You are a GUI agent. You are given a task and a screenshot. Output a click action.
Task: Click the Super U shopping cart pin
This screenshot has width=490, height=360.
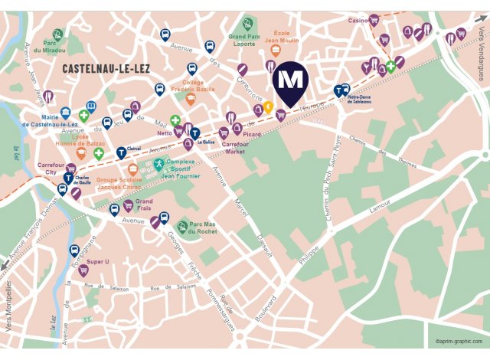[84, 270]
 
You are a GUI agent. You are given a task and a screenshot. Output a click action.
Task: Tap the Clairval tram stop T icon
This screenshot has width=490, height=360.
[121, 152]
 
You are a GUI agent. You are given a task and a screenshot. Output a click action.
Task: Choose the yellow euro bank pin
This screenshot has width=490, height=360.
[269, 106]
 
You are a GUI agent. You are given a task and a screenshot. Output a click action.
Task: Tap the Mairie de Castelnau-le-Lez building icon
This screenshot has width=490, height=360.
[66, 113]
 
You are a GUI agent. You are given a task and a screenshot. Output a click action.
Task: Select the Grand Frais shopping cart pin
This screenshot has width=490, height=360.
[128, 205]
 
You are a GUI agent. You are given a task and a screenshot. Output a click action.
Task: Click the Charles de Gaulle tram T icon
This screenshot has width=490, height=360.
[69, 178]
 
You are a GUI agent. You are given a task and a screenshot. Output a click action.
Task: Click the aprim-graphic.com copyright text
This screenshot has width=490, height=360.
[459, 342]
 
